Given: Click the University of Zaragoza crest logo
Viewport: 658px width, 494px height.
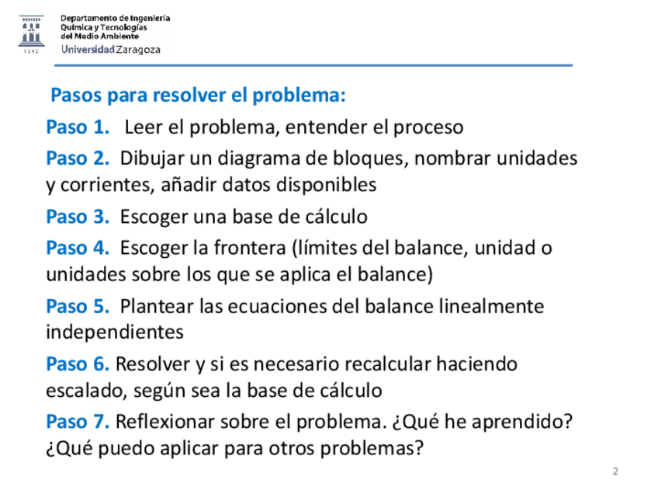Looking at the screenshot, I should pos(31,33).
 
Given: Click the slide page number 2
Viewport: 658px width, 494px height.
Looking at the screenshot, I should pos(615,471).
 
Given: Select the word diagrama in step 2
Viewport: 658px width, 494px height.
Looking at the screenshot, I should pos(261,158).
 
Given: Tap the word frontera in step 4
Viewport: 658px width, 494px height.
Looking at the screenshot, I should pos(250,248).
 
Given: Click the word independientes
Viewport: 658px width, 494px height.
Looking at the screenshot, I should pos(115,332).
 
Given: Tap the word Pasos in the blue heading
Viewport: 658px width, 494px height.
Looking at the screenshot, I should pos(76,96).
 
